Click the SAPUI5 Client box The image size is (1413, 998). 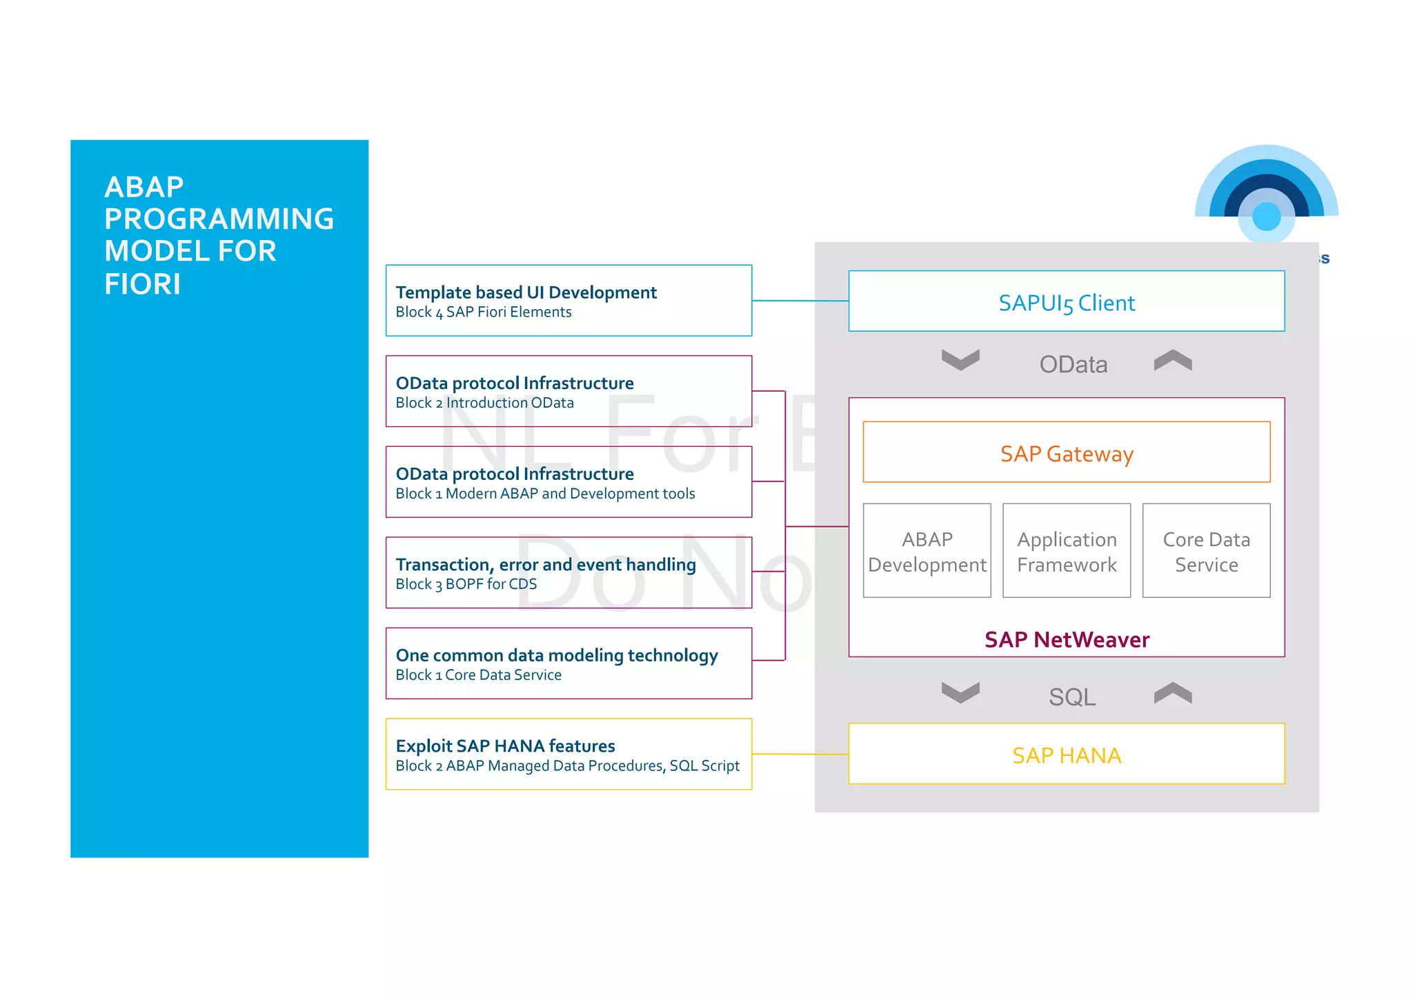[1066, 301]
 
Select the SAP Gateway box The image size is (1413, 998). [1066, 452]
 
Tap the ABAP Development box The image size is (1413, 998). [927, 550]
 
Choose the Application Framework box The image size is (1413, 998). [1066, 550]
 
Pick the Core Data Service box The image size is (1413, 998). [1205, 550]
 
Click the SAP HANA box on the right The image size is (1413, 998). [1066, 754]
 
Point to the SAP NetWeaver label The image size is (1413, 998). [1066, 639]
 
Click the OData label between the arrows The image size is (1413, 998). [1073, 364]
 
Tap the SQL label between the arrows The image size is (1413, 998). [1071, 697]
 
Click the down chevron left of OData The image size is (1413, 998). [960, 359]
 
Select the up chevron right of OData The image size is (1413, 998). [1172, 359]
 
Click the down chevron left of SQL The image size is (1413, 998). [960, 692]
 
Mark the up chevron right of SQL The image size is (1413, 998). [1172, 692]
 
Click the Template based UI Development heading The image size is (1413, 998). [526, 292]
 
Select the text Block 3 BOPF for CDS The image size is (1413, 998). [466, 584]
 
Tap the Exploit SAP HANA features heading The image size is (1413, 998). [505, 746]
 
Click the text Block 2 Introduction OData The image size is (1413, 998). [484, 403]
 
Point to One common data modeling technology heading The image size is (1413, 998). [556, 655]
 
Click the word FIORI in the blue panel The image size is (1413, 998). [142, 284]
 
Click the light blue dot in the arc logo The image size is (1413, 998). [1266, 217]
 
